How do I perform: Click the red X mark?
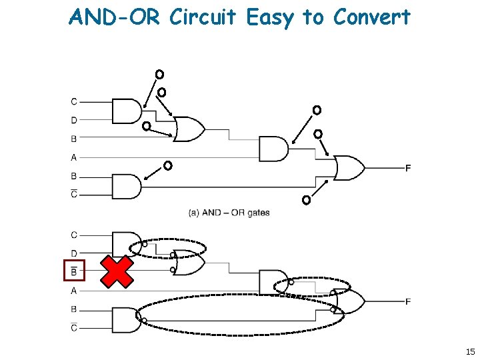coord(117,271)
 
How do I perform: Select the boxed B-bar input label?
coord(74,270)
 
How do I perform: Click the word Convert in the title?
coord(371,17)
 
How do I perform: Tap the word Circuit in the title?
coord(203,17)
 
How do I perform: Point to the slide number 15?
coord(470,351)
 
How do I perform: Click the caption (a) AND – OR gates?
coord(229,213)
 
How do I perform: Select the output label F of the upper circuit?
coord(408,168)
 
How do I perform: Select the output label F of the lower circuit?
coord(408,301)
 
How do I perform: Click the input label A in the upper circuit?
coord(74,157)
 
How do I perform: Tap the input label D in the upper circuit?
coord(74,120)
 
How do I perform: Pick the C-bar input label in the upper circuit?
coord(74,194)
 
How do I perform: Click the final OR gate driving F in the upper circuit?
coord(349,168)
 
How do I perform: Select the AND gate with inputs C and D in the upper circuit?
coord(127,111)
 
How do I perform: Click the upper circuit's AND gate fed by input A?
coord(274,149)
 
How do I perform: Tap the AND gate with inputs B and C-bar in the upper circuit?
coord(127,187)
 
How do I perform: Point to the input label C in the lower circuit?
coord(74,235)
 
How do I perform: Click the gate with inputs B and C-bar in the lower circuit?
coord(127,320)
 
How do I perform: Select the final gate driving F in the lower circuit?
coord(349,301)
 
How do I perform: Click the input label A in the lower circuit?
coord(74,291)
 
